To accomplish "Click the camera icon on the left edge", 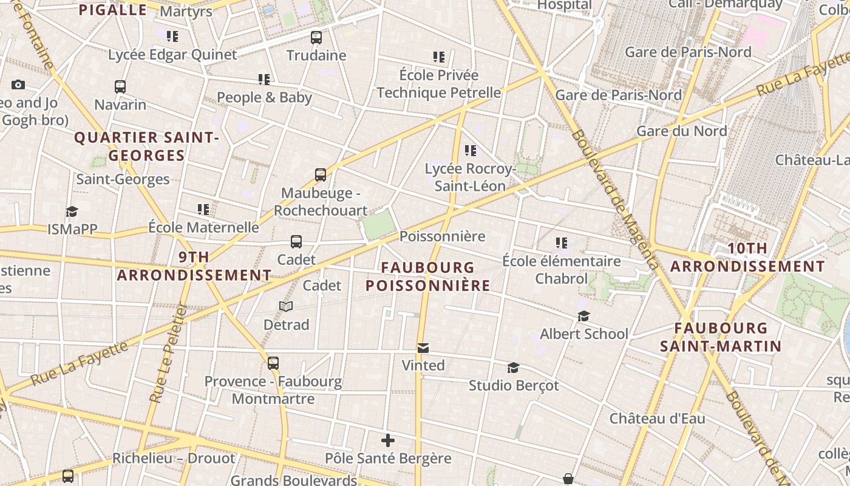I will click(18, 84).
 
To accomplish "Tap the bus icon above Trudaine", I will click(316, 38).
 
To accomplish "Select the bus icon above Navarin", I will click(120, 87).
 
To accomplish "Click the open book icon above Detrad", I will click(286, 307).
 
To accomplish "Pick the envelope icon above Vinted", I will click(423, 348).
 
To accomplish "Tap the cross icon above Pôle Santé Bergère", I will click(388, 440).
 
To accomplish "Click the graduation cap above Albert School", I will click(583, 317).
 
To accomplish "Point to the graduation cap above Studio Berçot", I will click(513, 368).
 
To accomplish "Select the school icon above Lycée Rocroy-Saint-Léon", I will click(470, 151).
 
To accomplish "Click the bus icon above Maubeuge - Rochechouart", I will click(321, 175).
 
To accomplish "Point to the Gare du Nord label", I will click(681, 131).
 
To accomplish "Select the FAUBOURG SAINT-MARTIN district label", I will click(721, 337).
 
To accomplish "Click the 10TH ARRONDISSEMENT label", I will click(747, 258).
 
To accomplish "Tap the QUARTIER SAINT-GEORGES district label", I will click(146, 146).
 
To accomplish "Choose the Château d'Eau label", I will click(657, 419).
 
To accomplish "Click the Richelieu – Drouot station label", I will click(174, 458).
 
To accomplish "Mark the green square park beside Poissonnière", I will click(378, 225).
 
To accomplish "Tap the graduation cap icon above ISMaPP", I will click(72, 211).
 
